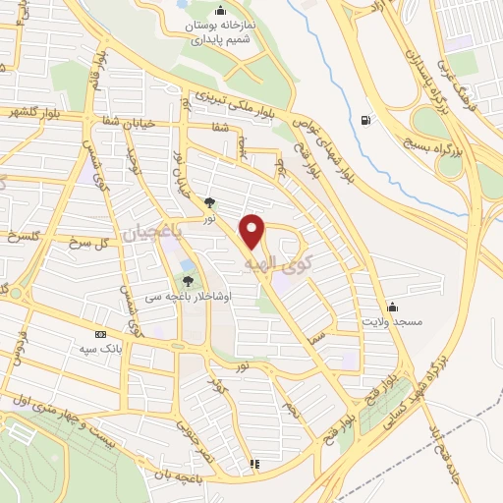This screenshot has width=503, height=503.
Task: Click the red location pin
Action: click(x=253, y=231)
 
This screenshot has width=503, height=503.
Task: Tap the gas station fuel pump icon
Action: click(x=366, y=121)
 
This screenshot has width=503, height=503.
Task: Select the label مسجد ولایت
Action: click(x=390, y=321)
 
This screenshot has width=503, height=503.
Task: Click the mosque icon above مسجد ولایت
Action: click(x=392, y=306)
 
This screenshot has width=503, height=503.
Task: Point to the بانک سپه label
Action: click(x=99, y=348)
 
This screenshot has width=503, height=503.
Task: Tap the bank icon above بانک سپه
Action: click(x=99, y=333)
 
